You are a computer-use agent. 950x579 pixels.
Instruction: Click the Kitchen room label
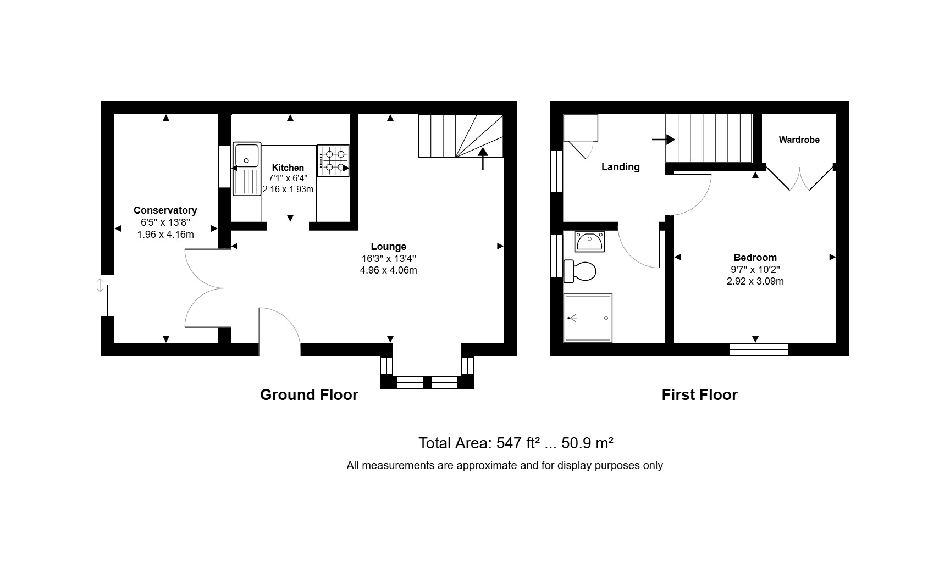(x=288, y=168)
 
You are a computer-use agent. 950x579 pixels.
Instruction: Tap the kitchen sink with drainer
(x=247, y=169)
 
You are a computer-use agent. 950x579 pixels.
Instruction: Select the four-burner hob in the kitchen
(x=333, y=160)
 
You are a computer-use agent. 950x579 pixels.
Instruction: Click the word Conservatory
(x=165, y=210)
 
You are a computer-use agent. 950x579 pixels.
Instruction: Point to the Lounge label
(x=389, y=247)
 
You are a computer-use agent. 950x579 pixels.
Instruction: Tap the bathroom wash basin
(x=589, y=241)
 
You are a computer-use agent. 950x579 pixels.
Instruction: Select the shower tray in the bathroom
(x=588, y=318)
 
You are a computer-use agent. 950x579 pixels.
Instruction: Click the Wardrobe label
(x=799, y=140)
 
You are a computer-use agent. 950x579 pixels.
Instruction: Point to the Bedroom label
(x=755, y=258)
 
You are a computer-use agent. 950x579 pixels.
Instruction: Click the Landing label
(x=621, y=167)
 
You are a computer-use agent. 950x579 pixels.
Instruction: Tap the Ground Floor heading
(x=309, y=395)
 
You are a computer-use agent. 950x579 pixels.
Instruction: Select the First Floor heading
(x=699, y=395)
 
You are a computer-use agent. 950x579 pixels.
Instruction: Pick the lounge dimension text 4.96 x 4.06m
(x=389, y=270)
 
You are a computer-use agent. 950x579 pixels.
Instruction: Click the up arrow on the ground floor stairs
(x=483, y=158)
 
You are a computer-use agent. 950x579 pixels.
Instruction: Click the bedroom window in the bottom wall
(x=759, y=349)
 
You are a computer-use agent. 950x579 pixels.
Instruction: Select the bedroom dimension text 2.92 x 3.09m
(x=755, y=281)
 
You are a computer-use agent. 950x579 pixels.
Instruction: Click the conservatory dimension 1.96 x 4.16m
(x=165, y=234)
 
